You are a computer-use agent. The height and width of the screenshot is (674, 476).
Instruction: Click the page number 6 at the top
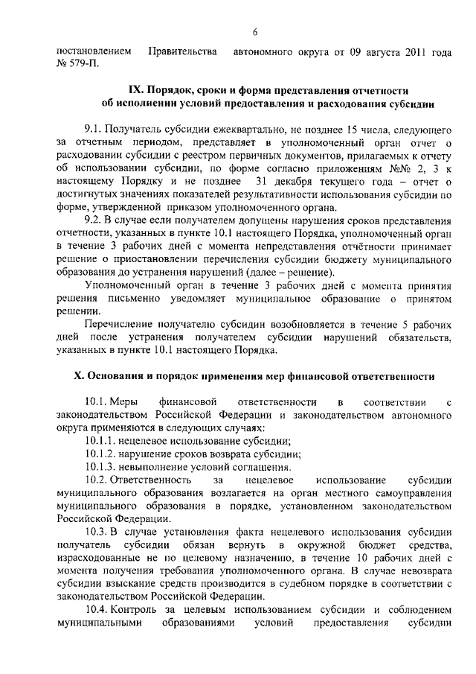(x=254, y=31)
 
